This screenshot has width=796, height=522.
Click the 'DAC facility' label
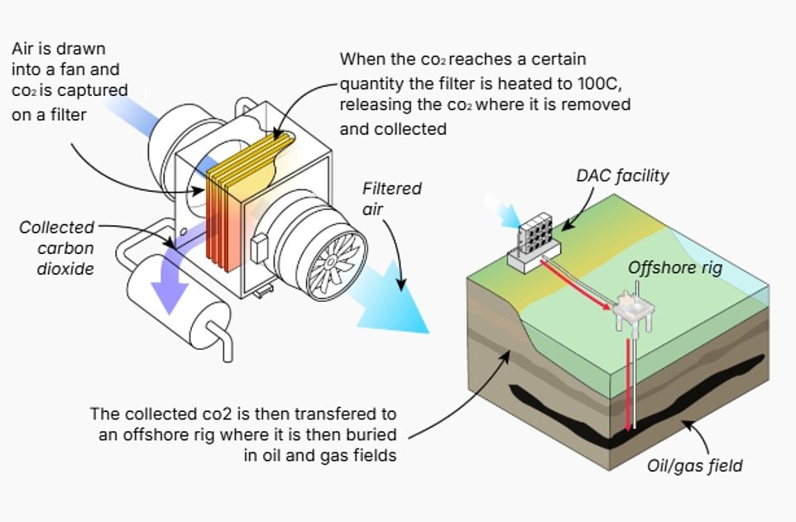coord(622,175)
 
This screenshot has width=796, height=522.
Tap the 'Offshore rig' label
coord(675,267)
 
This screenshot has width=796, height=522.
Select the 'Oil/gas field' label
coord(694,465)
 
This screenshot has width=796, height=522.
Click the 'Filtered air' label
coord(391,199)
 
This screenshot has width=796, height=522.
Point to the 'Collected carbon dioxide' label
coord(57,247)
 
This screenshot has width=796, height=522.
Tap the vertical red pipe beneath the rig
coord(632,381)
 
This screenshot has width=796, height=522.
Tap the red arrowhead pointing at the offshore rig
coord(611,306)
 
